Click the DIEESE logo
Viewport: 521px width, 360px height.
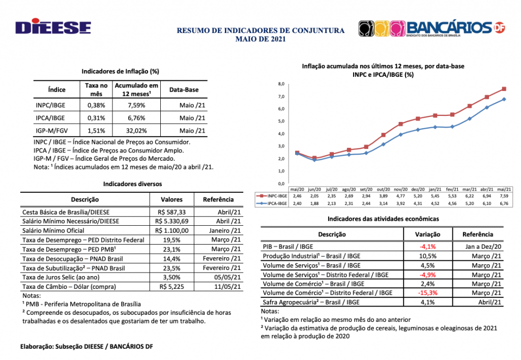click(53, 28)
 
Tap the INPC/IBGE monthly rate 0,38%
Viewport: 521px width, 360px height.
click(96, 105)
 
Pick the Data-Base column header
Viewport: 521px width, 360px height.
click(184, 89)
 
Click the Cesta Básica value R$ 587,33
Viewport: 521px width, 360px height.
click(171, 212)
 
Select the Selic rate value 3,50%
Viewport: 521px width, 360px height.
click(171, 277)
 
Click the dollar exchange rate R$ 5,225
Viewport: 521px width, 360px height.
click(171, 286)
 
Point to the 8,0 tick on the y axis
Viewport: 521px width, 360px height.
click(281, 83)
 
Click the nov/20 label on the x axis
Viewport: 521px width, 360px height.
click(400, 189)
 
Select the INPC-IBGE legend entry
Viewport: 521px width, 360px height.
click(270, 195)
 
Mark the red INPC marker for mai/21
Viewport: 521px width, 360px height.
click(504, 89)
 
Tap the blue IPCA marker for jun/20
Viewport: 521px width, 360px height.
click(314, 160)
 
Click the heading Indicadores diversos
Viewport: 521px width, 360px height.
click(132, 184)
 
